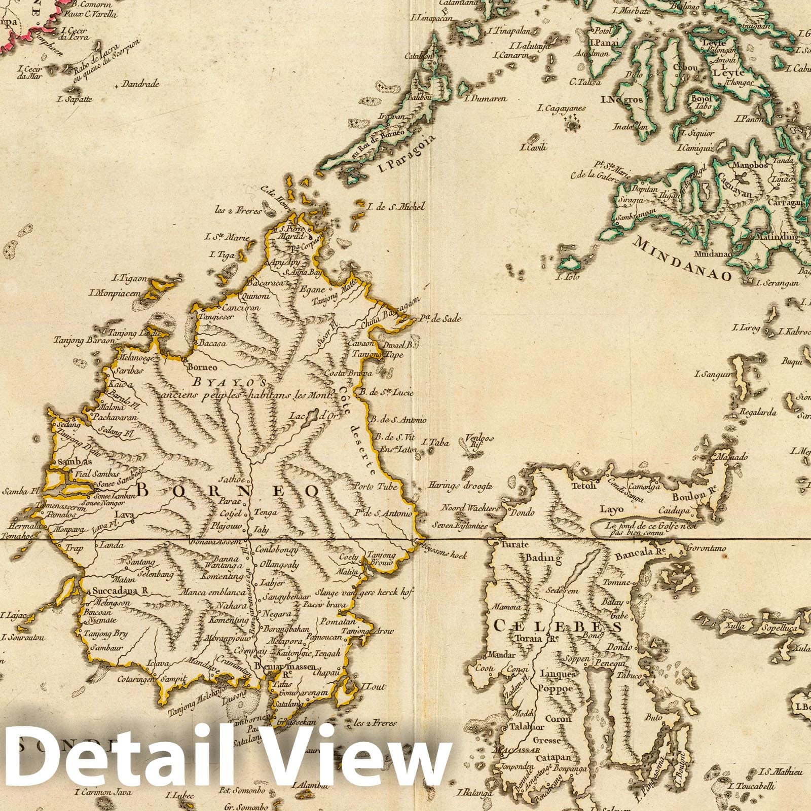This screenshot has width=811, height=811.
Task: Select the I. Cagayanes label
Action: tap(562, 108)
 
